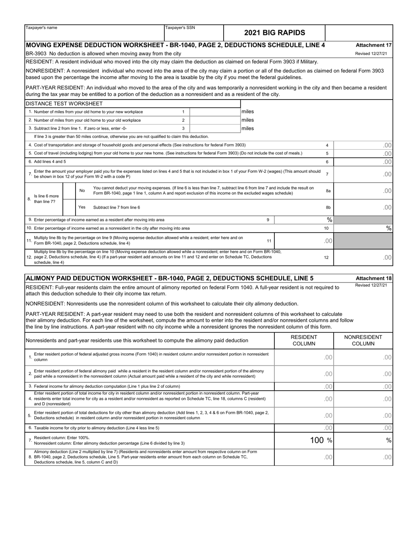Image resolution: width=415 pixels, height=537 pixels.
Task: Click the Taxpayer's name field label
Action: coord(41,28)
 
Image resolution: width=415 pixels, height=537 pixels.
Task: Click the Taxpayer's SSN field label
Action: coord(180,28)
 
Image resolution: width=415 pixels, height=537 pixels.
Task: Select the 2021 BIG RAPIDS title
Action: coord(274,33)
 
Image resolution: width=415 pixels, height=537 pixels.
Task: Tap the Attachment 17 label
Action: coord(373,45)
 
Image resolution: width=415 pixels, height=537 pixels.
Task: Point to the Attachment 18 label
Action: coord(373,278)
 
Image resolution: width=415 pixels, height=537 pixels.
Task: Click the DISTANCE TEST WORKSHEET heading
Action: coord(65,103)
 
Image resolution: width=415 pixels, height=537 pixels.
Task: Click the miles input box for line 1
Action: coord(214,112)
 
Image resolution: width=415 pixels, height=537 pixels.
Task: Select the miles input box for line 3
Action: coord(214,128)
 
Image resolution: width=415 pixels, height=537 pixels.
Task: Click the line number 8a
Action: coord(328,191)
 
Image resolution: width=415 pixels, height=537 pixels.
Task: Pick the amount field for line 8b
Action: coord(363,207)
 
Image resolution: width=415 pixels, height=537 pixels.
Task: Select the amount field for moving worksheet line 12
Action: coord(363,258)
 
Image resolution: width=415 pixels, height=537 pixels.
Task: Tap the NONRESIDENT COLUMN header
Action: coord(363,340)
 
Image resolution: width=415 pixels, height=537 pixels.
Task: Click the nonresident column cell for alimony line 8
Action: coord(363,457)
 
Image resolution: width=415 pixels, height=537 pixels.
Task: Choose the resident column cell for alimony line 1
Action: coord(304,357)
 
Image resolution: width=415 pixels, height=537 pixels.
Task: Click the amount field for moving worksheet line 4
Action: coord(363,145)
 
